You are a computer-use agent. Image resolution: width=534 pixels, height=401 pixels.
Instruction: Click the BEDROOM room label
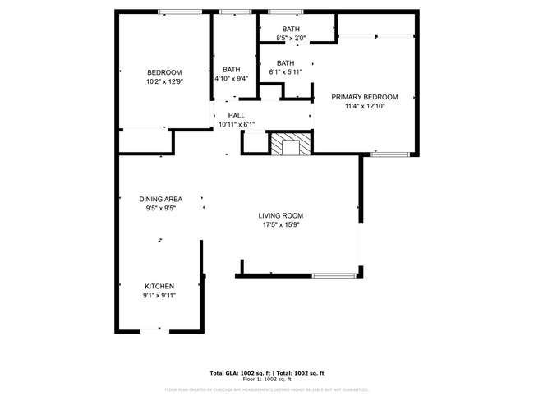[x=164, y=71]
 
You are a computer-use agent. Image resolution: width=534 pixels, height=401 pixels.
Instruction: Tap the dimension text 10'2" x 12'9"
[x=164, y=81]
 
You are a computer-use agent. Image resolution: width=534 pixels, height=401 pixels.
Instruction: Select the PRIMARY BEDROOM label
[x=365, y=96]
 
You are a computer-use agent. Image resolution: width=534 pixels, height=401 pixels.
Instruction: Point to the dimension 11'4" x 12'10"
[x=365, y=106]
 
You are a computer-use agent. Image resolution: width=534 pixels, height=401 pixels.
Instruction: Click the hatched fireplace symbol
[x=291, y=145]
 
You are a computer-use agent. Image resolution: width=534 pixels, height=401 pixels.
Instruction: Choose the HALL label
[x=237, y=116]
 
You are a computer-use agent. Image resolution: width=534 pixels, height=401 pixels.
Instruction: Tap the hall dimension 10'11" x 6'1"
[x=237, y=125]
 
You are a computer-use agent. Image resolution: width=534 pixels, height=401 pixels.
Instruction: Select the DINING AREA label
[x=160, y=199]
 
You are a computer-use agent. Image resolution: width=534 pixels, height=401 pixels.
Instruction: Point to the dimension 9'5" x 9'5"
[x=160, y=209]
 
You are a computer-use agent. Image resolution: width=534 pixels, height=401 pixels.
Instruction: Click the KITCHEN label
[x=159, y=286]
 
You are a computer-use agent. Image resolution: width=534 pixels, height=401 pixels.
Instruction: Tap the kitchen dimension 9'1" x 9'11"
[x=159, y=296]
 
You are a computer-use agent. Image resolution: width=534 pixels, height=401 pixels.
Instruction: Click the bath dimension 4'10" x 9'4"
[x=231, y=79]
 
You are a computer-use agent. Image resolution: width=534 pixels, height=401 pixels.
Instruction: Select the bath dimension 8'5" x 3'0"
[x=291, y=38]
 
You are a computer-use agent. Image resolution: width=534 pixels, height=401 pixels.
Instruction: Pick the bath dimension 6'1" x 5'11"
[x=286, y=72]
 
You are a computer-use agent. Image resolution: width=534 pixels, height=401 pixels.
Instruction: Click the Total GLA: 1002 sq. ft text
[x=238, y=373]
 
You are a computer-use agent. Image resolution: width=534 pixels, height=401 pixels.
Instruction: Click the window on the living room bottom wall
[x=334, y=275]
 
